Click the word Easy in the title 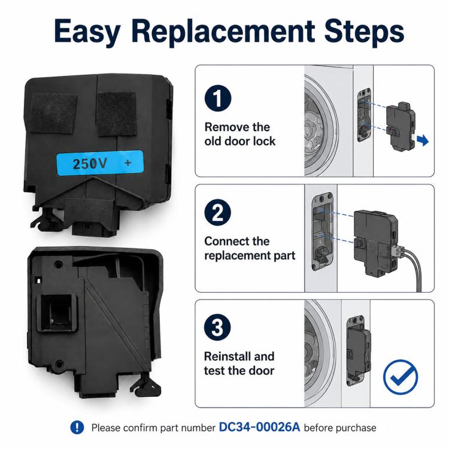87,32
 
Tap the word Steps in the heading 364,32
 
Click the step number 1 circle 218,98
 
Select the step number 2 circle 218,213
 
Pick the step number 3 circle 217,327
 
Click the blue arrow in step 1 423,140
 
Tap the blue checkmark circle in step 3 401,377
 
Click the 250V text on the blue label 90,163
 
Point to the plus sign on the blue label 128,163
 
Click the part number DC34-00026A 259,427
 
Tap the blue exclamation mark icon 77,427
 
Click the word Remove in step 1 223,127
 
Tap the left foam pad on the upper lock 53,113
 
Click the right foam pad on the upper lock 116,113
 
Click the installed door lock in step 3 358,351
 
